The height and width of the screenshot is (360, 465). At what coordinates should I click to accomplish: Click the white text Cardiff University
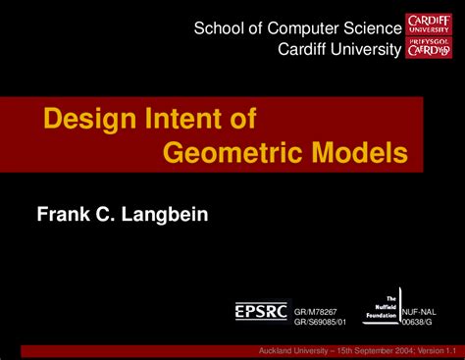point(339,49)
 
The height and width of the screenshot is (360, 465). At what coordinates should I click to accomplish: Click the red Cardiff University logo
point(429,36)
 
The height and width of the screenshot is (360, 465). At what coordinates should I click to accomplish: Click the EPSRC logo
point(262,310)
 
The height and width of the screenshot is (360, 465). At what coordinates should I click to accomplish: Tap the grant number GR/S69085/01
point(322,318)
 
